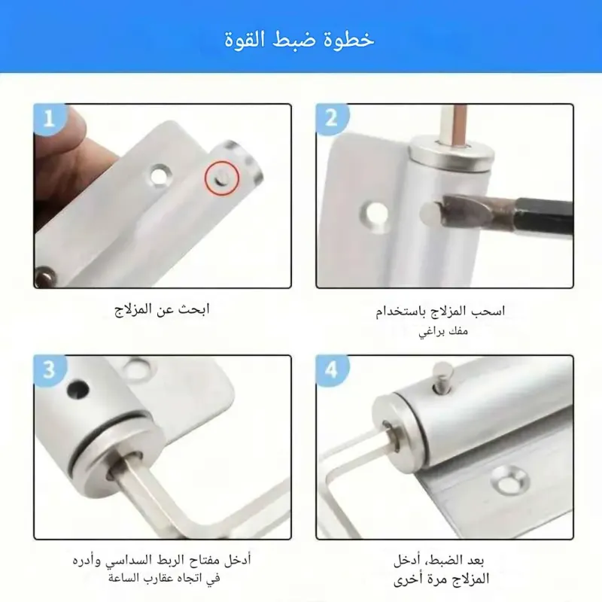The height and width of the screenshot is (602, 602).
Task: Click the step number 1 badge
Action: point(49,119)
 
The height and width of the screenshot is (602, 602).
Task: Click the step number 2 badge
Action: point(331,119)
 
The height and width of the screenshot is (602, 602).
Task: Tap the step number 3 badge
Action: point(50,370)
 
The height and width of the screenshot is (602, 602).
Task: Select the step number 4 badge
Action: point(331,370)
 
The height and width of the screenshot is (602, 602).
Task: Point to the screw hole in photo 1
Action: point(160,175)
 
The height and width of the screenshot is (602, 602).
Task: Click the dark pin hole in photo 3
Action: point(78,389)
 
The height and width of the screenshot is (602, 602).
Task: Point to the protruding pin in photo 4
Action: point(443,378)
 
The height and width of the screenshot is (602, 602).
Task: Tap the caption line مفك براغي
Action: point(443,331)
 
